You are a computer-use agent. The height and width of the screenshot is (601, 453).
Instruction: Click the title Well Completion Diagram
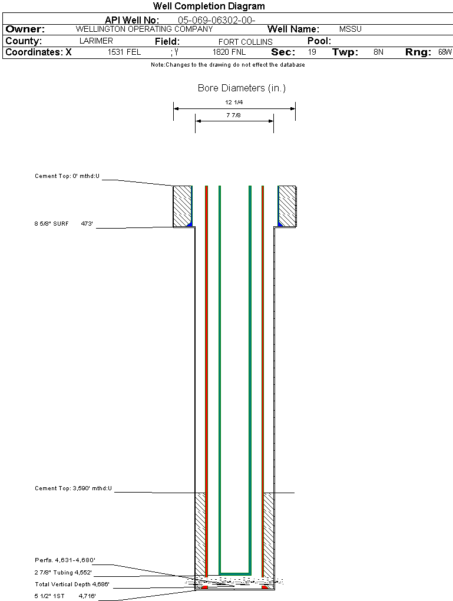(209, 6)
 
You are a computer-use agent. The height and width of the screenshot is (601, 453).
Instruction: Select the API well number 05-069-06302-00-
(217, 20)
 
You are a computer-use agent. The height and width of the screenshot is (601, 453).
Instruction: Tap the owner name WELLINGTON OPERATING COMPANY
(144, 29)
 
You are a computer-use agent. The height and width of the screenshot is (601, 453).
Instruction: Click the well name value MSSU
(351, 29)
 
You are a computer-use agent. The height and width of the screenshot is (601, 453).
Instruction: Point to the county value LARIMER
(96, 41)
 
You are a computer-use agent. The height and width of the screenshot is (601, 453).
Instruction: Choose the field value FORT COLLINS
(245, 42)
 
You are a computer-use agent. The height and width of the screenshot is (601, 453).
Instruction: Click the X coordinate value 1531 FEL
(124, 52)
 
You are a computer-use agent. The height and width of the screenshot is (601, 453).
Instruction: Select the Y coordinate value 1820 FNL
(229, 52)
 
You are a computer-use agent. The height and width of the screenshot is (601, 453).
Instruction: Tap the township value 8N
(378, 52)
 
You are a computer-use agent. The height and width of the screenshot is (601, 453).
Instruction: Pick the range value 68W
(445, 52)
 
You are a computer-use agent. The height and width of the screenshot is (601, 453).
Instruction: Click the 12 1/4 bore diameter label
(234, 103)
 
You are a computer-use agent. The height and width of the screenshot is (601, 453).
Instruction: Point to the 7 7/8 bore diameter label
(233, 115)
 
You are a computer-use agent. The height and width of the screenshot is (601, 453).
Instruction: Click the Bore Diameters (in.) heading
(242, 88)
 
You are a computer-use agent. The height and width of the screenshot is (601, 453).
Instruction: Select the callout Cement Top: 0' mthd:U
(67, 176)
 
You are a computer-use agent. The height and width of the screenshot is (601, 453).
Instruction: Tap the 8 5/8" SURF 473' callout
(64, 223)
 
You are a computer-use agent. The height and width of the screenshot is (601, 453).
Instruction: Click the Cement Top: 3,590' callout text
(73, 488)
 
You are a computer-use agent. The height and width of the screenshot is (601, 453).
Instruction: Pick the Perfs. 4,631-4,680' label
(65, 560)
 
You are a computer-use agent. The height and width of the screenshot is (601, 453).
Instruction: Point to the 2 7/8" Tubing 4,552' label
(63, 573)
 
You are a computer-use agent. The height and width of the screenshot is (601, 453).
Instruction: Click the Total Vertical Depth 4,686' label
(72, 585)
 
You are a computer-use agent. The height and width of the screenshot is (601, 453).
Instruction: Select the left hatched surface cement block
(183, 206)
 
